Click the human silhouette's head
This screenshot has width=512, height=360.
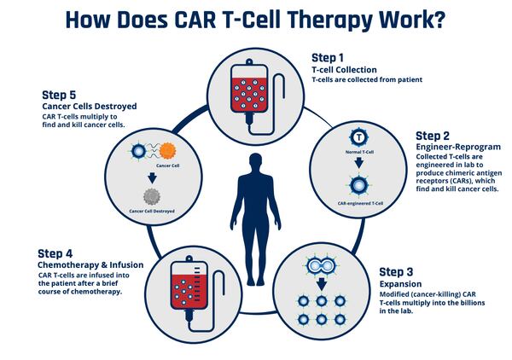[256, 162]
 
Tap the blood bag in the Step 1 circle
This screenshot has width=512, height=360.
[251, 90]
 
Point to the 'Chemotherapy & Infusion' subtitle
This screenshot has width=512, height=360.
[90, 265]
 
